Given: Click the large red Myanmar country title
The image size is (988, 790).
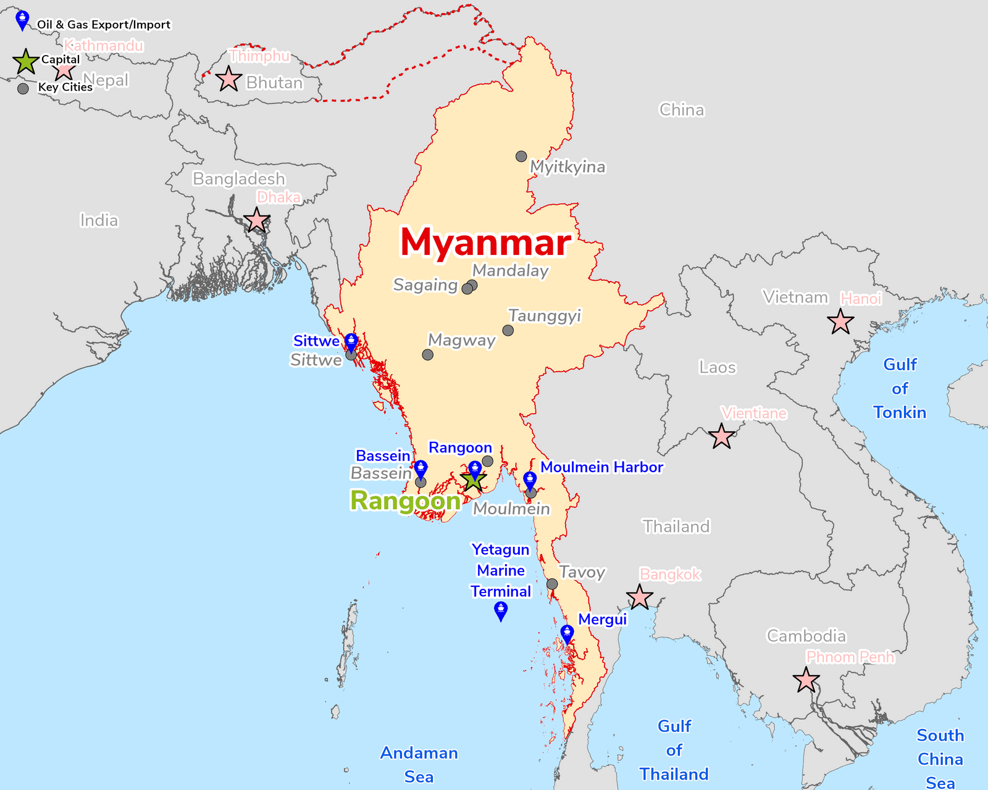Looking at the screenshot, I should click(x=485, y=242).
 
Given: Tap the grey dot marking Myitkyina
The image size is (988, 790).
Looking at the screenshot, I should click(x=521, y=156).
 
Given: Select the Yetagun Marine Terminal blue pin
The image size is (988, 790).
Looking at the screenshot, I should click(x=501, y=611).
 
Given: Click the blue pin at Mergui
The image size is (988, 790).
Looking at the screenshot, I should click(x=567, y=634).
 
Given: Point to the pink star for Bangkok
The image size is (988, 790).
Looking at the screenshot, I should click(x=639, y=597).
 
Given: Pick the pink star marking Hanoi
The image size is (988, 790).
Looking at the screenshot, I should click(x=840, y=322).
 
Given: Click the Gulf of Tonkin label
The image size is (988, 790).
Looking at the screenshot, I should click(x=900, y=388).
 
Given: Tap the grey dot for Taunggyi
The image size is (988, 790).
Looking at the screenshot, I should click(x=508, y=330).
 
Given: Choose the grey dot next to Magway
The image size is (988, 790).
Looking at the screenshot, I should click(x=427, y=354).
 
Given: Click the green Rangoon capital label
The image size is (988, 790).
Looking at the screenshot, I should click(x=405, y=501).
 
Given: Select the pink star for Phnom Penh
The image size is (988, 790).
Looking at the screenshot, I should click(x=806, y=680).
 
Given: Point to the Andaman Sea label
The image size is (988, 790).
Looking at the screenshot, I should click(x=419, y=764).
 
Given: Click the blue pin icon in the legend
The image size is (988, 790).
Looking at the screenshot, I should click(x=22, y=20).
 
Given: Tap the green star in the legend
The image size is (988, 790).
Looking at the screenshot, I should click(x=26, y=62).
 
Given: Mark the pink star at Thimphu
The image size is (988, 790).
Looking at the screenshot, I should click(x=228, y=79).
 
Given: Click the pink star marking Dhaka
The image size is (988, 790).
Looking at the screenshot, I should click(x=257, y=220).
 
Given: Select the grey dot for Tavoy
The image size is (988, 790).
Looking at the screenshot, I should click(x=552, y=584).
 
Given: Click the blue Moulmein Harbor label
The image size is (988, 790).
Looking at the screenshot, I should click(x=601, y=467).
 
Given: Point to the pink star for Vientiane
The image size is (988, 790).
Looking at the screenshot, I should click(x=721, y=436).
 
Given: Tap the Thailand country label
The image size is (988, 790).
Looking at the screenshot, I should click(x=676, y=526).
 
